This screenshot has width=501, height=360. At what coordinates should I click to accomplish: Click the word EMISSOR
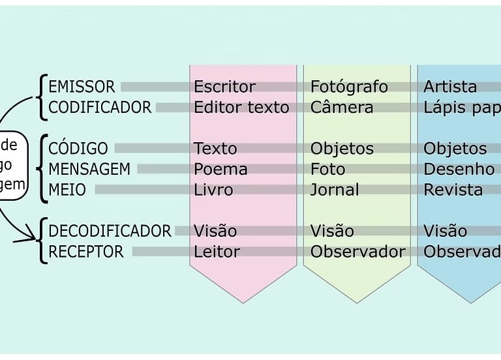[x=82, y=87]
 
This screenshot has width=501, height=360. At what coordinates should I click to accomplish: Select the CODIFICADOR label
[x=100, y=108]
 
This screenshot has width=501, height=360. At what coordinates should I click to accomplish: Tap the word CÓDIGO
[x=78, y=149]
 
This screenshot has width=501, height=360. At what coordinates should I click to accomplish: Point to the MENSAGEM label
[x=89, y=170]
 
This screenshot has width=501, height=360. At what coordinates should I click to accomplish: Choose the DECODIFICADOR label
[x=110, y=231]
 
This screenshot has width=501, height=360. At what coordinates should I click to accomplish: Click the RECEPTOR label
[x=85, y=252]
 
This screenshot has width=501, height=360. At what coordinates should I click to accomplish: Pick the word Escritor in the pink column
[x=224, y=87]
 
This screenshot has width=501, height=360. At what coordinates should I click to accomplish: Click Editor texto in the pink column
[x=241, y=108]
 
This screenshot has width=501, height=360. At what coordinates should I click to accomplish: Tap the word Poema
[x=220, y=170]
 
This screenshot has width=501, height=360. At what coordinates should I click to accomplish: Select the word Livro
[x=213, y=190]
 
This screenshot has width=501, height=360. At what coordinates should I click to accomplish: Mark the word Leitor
[x=217, y=252]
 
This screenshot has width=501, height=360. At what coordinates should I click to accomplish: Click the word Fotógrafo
[x=349, y=87]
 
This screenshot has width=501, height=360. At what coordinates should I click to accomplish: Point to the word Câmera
[x=342, y=108]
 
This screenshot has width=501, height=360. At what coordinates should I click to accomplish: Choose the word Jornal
[x=335, y=190]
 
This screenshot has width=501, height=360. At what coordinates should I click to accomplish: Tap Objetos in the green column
[x=342, y=149]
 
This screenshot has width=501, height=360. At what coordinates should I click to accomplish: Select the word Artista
[x=450, y=87]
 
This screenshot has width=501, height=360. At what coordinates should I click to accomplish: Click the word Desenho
[x=459, y=170]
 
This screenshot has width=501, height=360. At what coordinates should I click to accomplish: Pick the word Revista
[x=453, y=190]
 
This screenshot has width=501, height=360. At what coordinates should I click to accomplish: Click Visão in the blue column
[x=446, y=231]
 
